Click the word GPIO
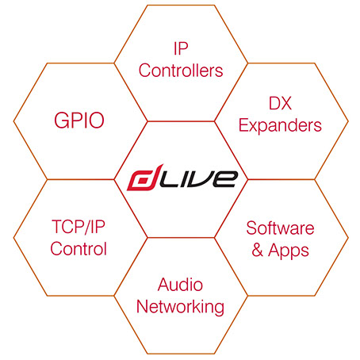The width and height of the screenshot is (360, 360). pos(79,121)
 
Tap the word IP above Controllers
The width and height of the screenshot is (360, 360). pos(181,48)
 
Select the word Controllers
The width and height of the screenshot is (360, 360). pos(181,71)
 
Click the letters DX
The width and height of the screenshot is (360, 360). pos(280,103)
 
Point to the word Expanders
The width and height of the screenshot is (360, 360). pos(280,125)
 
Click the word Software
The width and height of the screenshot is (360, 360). pos(280,228)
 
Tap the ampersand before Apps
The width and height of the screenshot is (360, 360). pos(258,250)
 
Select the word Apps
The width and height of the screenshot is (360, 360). pos(289,251)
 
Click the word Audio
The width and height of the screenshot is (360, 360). pos(180,285)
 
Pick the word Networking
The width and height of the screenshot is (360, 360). pos(180,308)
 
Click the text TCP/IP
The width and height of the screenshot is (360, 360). pos(79,227)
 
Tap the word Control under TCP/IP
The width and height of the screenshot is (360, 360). pos(79,249)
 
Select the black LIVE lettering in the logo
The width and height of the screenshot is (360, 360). pos(197,179)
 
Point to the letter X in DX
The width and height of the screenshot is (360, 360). pos(286,103)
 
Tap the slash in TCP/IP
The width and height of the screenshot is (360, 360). pos(86,228)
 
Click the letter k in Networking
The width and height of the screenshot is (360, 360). pos(196,306)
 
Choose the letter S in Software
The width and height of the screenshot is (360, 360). pos(252,228)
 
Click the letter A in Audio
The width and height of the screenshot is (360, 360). pos(164,285)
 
